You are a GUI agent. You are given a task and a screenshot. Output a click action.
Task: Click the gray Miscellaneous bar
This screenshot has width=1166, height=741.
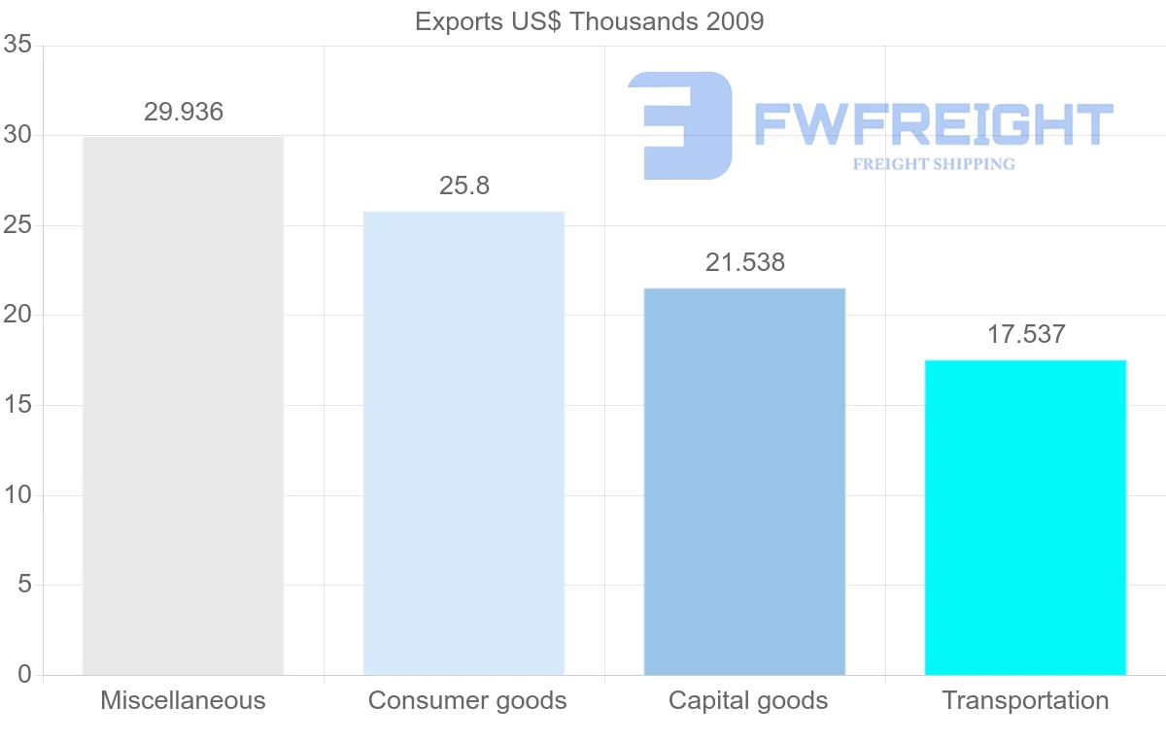point(183,406)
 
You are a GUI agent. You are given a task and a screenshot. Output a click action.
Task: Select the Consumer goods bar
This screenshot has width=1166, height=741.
point(463,443)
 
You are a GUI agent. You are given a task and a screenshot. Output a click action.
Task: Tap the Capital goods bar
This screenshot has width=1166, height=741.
point(744,482)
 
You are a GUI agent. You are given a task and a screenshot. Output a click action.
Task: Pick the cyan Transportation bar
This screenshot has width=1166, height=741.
point(1025,518)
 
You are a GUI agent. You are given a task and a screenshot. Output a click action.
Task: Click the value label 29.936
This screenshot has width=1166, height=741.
point(184,112)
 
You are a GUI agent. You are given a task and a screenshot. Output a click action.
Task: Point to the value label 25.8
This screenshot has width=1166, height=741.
point(464,185)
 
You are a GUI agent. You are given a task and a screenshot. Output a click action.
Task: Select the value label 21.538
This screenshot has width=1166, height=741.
point(745,262)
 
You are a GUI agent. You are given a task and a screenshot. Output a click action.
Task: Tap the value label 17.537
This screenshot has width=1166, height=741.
point(1026,335)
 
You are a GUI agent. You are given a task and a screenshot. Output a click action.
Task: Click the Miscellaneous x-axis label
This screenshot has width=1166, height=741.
point(183,700)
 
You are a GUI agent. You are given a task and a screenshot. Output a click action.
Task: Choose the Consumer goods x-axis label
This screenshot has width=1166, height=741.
point(467,700)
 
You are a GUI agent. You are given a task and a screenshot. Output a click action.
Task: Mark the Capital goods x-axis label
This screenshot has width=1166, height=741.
point(748,700)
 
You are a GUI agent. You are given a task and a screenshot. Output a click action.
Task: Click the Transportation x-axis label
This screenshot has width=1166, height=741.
point(1025,700)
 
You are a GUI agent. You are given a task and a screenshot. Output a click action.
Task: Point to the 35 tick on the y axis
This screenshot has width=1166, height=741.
point(18,46)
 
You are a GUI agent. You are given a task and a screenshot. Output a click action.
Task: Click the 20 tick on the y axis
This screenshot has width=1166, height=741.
point(18,316)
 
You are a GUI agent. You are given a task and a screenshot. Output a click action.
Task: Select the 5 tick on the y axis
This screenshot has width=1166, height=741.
point(24,586)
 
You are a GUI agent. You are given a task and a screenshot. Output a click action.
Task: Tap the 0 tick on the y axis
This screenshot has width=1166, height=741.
point(24,675)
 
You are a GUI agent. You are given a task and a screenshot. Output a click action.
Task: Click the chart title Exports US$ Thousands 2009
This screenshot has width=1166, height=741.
point(590,21)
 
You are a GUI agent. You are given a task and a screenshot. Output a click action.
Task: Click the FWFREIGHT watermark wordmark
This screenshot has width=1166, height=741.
point(933,124)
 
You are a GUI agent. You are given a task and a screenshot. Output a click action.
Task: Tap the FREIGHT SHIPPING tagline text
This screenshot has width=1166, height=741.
point(934,164)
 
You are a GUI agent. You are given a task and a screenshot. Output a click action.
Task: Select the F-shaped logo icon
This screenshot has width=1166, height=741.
point(680,125)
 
